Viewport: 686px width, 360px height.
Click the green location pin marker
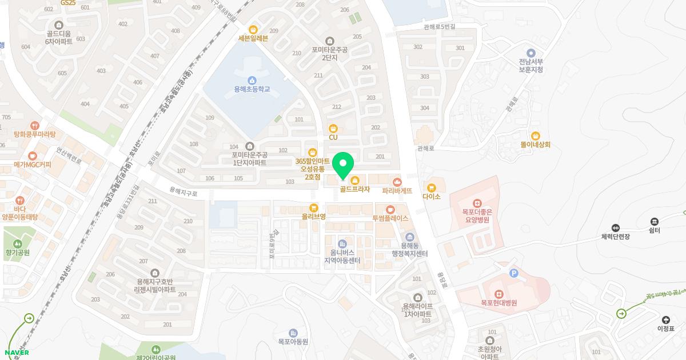click(343, 166)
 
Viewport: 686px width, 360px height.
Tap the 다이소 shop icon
click(432, 187)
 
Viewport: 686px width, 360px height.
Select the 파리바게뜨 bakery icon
click(397, 182)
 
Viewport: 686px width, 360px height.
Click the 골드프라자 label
click(355, 189)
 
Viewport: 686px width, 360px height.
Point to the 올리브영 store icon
click(313, 208)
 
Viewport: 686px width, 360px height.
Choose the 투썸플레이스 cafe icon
click(390, 210)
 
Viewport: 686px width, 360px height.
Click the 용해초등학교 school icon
click(252, 80)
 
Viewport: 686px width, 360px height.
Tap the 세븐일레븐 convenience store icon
click(253, 30)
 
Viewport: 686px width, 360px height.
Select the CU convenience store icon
click(333, 128)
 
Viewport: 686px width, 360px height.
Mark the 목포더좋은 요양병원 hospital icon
click(477, 203)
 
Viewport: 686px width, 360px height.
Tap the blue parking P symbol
click(513, 274)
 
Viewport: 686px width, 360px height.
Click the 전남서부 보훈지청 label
click(531, 66)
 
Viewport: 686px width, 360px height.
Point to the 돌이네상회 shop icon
click(535, 136)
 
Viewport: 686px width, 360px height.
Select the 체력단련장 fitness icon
click(615, 228)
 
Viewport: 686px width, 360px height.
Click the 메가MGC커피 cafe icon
click(33, 155)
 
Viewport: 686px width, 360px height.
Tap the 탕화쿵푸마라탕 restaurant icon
click(35, 125)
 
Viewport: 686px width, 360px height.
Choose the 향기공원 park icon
click(17, 242)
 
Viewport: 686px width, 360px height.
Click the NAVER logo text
click(17, 353)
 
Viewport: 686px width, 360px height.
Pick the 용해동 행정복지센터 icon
click(409, 238)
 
